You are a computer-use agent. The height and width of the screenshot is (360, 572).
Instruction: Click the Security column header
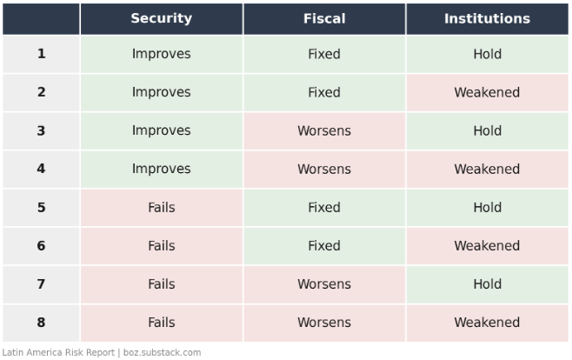coord(161,18)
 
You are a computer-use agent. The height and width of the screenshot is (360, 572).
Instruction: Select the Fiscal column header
coord(324,18)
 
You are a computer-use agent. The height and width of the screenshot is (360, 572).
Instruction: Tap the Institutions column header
coord(488,18)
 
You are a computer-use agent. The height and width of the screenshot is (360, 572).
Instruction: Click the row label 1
coord(41,54)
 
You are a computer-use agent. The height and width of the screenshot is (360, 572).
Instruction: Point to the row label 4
coord(41,169)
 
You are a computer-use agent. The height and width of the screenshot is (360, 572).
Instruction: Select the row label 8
coord(41,323)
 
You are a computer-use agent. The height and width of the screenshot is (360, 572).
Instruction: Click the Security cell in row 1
coord(161,54)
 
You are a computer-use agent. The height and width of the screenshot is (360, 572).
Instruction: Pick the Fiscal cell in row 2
coord(324,92)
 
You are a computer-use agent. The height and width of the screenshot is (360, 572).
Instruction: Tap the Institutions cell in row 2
coord(488,92)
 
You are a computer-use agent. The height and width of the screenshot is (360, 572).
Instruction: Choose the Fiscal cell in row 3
coord(324,130)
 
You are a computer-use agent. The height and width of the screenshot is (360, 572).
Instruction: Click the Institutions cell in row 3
coord(488,130)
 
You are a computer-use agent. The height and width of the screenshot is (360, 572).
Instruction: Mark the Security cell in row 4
coord(161,169)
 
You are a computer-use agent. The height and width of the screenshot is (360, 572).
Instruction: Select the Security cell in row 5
coord(161,208)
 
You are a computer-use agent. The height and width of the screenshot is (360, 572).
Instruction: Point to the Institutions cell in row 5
coord(488,208)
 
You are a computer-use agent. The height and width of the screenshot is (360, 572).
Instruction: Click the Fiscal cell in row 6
coord(324,246)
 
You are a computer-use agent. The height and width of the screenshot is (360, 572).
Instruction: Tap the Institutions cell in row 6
coord(488,246)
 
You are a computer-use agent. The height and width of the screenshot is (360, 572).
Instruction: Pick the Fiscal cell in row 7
coord(324,284)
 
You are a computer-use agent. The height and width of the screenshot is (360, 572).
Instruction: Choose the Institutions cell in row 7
coord(488,284)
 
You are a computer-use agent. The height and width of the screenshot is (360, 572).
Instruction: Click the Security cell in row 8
coord(161,323)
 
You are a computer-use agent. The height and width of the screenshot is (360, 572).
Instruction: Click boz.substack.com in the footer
coord(162,353)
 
